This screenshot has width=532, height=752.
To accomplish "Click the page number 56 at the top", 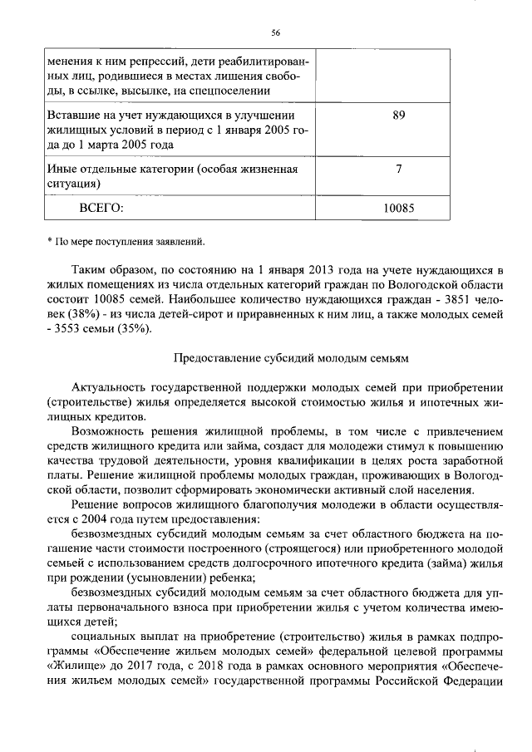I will [275, 32].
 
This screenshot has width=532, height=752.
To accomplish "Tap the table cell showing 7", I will [398, 170].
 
